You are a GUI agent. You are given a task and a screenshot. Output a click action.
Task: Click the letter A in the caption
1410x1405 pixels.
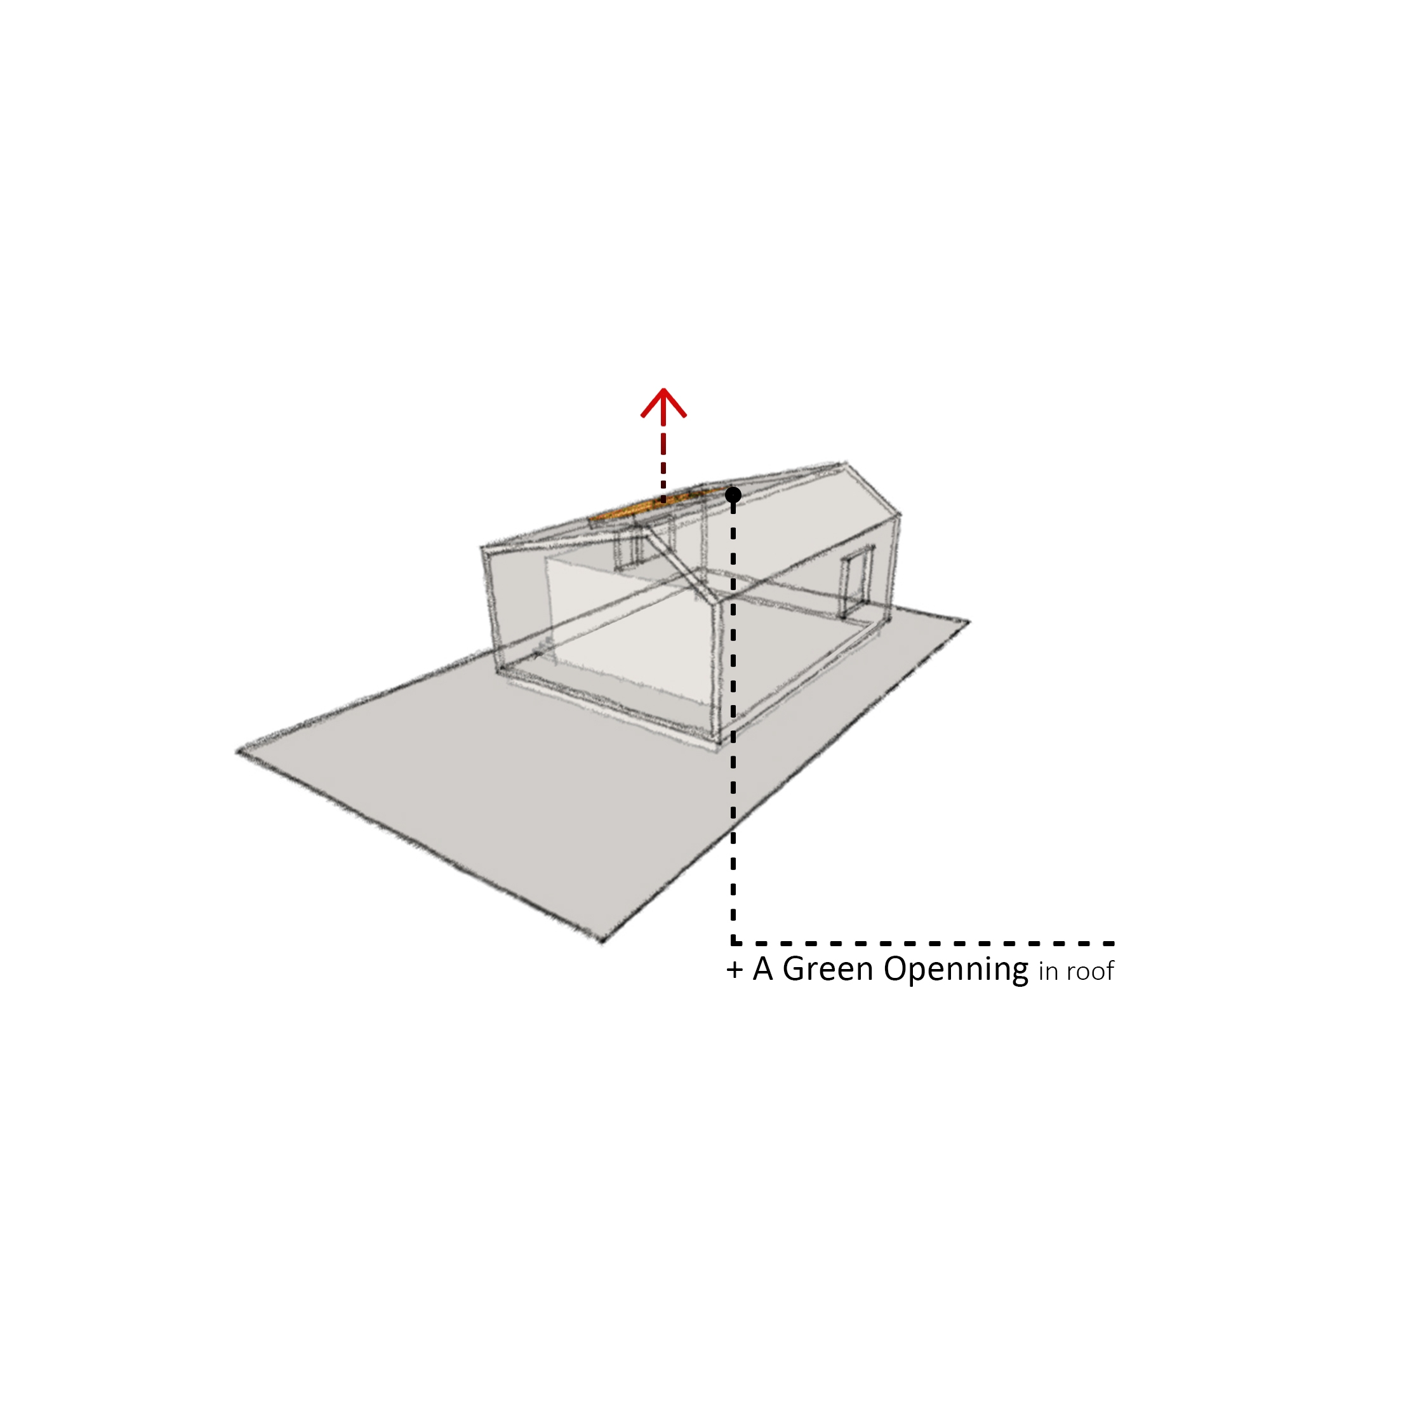[x=762, y=970]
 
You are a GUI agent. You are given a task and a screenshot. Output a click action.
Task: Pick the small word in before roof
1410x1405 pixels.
[x=1048, y=972]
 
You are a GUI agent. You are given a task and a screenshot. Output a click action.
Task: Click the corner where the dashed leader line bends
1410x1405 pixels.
[x=733, y=943]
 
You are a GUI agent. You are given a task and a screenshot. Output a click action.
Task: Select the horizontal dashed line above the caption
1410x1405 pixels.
[x=924, y=943]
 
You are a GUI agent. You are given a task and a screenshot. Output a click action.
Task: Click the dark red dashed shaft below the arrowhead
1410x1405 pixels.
[x=663, y=459]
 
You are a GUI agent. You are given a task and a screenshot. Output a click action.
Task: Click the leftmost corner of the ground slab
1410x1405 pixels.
[x=237, y=751]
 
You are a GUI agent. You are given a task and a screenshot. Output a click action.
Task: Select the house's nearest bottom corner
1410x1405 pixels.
[x=717, y=746]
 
